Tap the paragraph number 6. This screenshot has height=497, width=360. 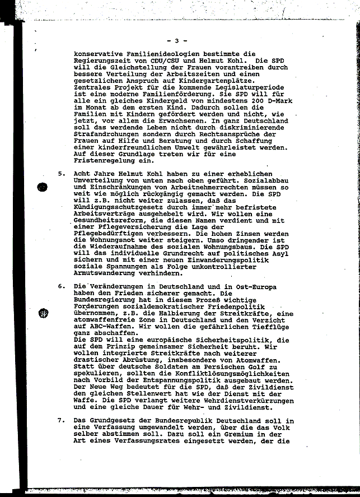click(x=61, y=286)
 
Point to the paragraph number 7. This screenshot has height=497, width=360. click(x=61, y=421)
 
